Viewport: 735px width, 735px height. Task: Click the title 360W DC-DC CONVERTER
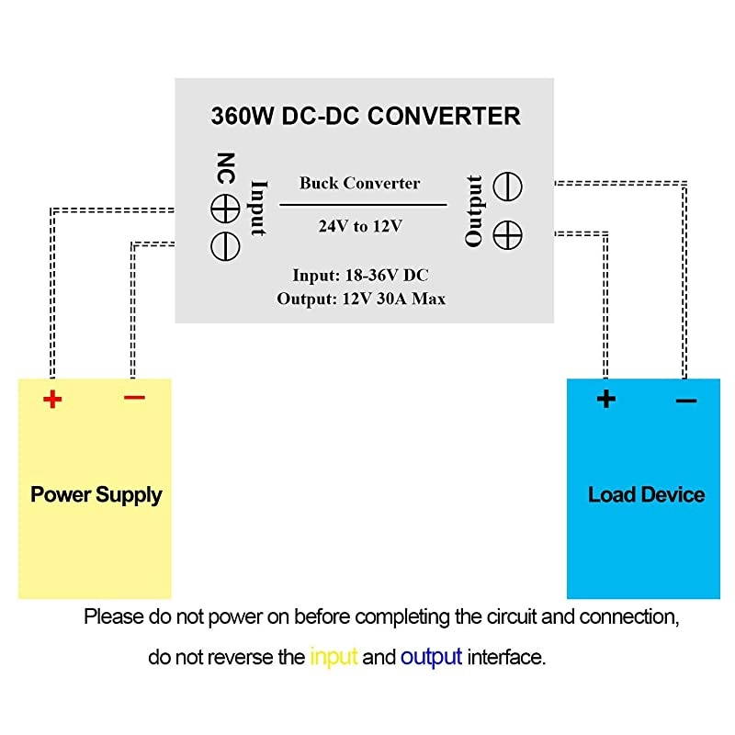tap(365, 117)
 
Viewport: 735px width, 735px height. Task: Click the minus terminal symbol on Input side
tap(225, 244)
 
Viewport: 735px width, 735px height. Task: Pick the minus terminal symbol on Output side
tap(503, 187)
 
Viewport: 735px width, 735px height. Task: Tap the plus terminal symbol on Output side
tap(503, 233)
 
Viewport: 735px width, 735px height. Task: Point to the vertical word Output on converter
tap(474, 210)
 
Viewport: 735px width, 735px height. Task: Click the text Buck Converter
tap(360, 183)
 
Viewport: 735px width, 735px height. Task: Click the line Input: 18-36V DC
tap(360, 276)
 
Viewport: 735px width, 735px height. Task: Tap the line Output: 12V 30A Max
tap(360, 299)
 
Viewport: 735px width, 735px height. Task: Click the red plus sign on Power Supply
tap(52, 400)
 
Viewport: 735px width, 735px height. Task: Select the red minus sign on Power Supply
tap(134, 397)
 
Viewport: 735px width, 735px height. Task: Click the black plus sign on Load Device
tap(605, 399)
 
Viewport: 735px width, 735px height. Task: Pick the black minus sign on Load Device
tap(685, 401)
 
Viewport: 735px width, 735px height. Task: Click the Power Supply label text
tap(96, 494)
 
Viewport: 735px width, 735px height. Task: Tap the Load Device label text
tap(646, 494)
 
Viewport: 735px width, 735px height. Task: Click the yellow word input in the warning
tap(334, 658)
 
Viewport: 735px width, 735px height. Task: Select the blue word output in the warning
tap(431, 658)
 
